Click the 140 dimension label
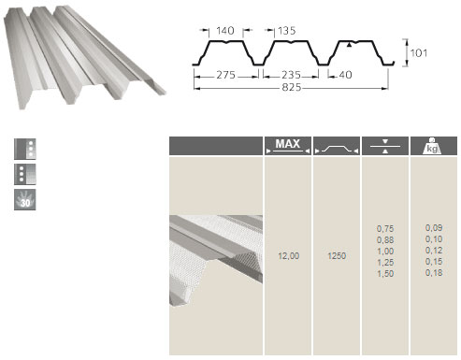[x=225, y=31]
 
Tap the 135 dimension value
[x=286, y=31]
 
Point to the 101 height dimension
[x=419, y=53]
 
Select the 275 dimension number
[x=225, y=75]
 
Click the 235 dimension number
[x=291, y=75]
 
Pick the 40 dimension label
[x=345, y=75]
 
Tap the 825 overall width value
[x=292, y=87]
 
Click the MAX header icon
[x=288, y=146]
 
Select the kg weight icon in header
[x=432, y=146]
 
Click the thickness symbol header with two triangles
[x=385, y=146]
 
